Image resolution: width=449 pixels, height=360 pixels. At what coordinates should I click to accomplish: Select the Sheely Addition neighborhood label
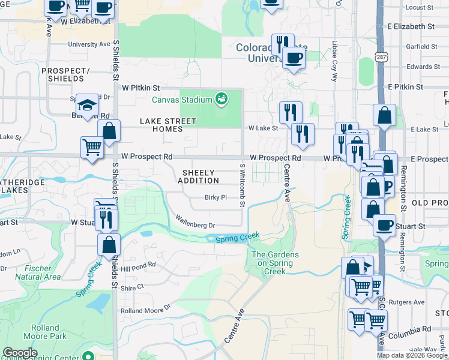198,176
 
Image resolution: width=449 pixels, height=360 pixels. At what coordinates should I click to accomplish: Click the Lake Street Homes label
168,125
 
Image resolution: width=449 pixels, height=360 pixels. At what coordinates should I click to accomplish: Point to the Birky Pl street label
215,197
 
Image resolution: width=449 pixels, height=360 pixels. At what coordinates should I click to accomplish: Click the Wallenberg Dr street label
195,222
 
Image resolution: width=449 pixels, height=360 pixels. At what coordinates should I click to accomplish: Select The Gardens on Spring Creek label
275,263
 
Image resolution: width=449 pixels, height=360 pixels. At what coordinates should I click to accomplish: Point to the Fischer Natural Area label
37,272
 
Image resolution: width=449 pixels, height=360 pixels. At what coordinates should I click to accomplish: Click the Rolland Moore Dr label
146,311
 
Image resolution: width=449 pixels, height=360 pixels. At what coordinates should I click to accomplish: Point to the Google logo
20,353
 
